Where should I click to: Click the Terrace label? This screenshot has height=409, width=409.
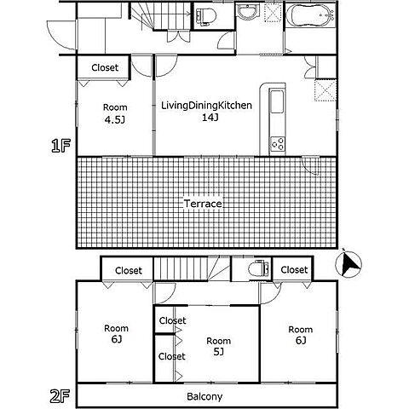point(203,204)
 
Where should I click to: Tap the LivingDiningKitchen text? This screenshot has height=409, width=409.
point(206,106)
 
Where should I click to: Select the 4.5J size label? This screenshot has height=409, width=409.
point(115,120)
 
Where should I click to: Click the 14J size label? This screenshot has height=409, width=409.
point(210,118)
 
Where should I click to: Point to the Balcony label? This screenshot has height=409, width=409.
point(204,397)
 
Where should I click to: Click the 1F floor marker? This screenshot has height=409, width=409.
point(60,146)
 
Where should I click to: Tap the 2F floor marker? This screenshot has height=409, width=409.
point(60,396)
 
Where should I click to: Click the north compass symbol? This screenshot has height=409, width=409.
point(349,263)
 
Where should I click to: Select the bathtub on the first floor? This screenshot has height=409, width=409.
point(310,14)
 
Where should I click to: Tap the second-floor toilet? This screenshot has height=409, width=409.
point(258,268)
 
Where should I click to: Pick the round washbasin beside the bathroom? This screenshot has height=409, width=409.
point(248,12)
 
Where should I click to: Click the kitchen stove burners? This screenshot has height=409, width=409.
point(278,144)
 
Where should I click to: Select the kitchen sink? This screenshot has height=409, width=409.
point(277,101)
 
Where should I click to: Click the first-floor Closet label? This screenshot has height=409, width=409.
point(105,67)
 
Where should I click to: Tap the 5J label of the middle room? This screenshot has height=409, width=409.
point(218,352)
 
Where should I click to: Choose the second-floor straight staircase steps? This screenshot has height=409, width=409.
point(181,268)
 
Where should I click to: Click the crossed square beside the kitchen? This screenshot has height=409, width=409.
point(325,90)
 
